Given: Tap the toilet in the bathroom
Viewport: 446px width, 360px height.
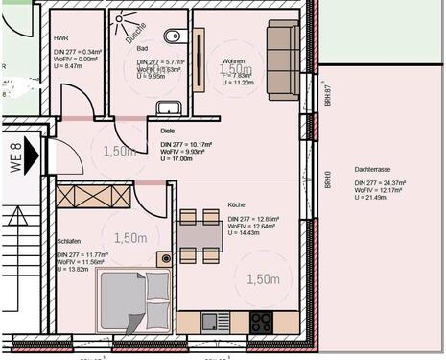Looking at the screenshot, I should pyautogui.click(x=172, y=36).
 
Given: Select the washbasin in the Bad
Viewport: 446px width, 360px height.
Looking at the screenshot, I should pyautogui.click(x=173, y=108).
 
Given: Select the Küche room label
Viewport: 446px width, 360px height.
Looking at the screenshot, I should pyautogui.click(x=237, y=204).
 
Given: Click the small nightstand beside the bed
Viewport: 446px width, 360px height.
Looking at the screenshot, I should pyautogui.click(x=165, y=258).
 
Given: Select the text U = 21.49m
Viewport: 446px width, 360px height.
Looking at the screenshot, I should pyautogui.click(x=375, y=197).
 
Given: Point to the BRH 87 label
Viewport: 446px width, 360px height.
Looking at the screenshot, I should pyautogui.click(x=327, y=94).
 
